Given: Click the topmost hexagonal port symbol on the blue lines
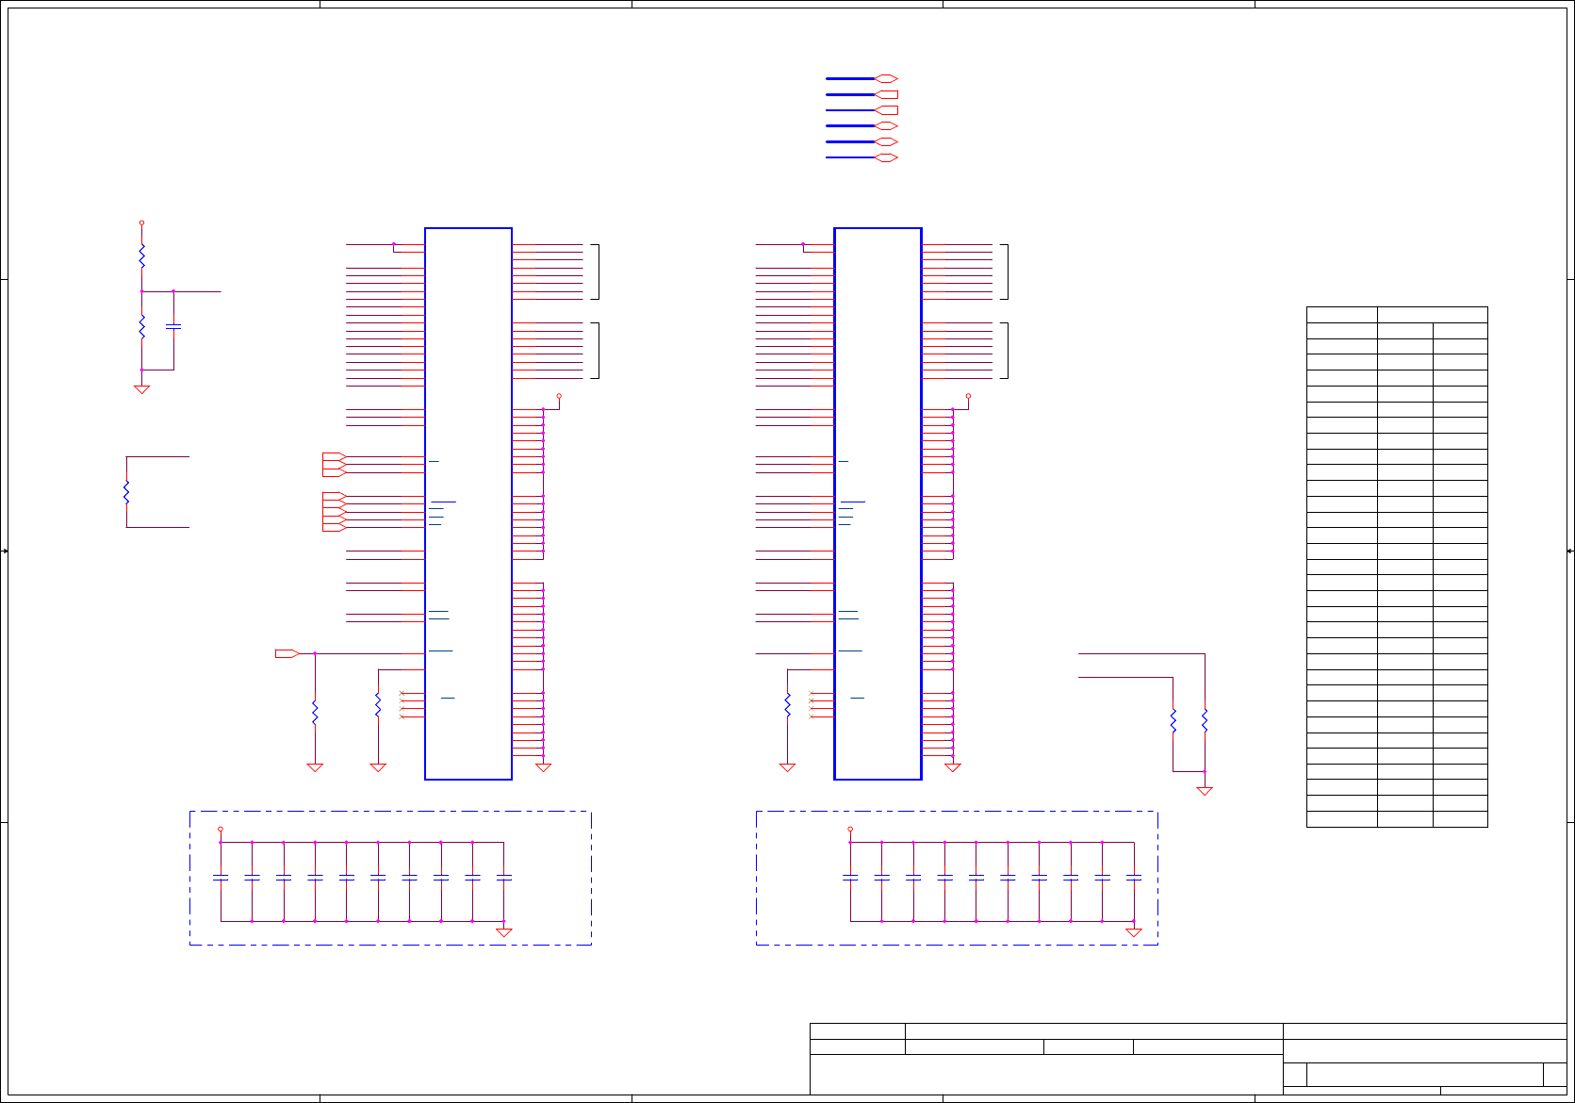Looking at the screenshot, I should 886,79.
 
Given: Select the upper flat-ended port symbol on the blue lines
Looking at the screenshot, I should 886,94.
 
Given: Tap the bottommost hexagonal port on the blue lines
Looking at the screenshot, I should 886,157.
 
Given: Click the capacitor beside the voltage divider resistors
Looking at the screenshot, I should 173,326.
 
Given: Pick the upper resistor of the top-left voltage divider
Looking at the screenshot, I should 142,255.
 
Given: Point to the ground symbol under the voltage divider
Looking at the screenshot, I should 142,388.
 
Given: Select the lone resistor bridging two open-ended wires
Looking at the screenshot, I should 126,491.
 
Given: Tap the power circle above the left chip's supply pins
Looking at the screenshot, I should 559,396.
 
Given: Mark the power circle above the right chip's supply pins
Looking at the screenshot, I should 968,396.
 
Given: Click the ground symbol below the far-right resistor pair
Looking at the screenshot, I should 1205,791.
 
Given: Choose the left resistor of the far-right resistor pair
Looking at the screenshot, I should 1173,721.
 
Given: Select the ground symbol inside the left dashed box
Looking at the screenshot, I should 504,932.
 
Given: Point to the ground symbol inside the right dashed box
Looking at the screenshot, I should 1134,932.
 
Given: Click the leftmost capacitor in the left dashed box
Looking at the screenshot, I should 221,878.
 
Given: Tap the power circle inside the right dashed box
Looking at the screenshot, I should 850,830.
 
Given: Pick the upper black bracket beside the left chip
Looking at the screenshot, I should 596,272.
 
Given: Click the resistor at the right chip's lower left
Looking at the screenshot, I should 787,704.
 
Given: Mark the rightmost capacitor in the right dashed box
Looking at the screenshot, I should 1134,878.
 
